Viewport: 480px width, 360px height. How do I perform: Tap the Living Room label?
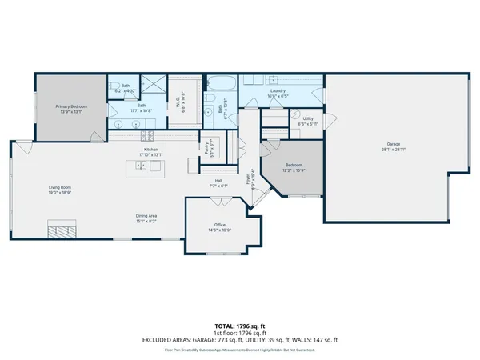[x=59, y=190]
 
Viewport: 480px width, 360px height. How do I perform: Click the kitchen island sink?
[x=141, y=166]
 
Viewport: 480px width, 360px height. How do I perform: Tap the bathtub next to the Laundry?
[x=221, y=82]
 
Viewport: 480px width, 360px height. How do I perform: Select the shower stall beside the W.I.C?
[x=153, y=86]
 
